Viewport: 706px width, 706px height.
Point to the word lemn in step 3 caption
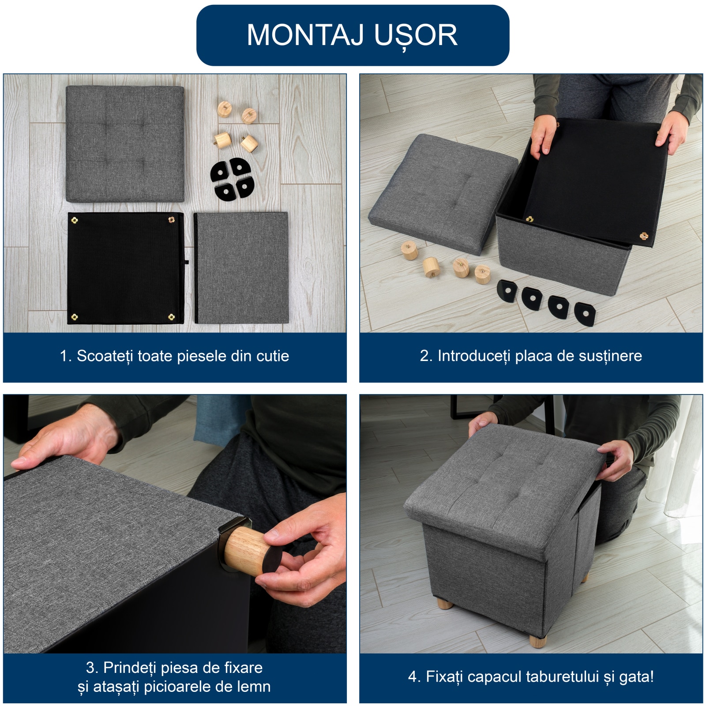pos(253,687)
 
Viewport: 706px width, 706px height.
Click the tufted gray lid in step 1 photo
pos(125,144)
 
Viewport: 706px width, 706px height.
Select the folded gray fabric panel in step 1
pos(241,267)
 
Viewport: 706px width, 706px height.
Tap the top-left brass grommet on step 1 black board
pos(75,220)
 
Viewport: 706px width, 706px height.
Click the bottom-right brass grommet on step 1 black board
pos(172,317)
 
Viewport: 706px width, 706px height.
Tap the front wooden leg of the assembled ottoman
pos(537,641)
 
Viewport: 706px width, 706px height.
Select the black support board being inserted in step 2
pos(596,180)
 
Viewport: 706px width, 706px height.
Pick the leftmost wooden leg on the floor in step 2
pos(409,250)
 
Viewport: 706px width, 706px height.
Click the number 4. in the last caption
pos(414,676)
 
